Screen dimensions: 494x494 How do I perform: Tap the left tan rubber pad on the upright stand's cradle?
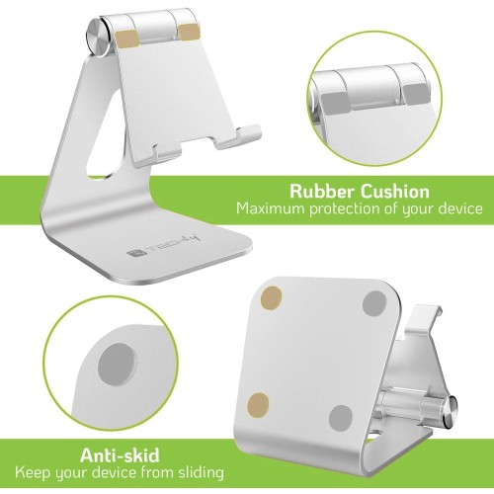click(x=127, y=40)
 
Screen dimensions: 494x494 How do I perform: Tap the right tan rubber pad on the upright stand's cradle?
click(x=188, y=34)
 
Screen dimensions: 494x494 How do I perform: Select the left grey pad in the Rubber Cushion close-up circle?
click(x=335, y=103)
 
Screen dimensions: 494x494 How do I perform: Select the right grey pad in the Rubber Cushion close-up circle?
click(x=417, y=94)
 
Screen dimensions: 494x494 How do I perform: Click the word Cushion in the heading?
click(x=395, y=192)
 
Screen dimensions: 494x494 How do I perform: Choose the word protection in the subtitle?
click(x=344, y=209)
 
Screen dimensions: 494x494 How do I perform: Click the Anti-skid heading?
click(x=120, y=455)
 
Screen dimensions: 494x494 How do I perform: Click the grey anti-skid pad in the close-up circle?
click(x=118, y=364)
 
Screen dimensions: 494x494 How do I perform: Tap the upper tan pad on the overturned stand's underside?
click(x=271, y=298)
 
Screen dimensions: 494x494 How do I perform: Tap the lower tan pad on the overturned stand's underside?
click(x=258, y=404)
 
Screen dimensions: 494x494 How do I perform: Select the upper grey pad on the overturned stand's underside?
click(x=374, y=303)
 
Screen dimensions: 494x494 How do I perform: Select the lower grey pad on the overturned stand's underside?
click(x=341, y=418)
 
